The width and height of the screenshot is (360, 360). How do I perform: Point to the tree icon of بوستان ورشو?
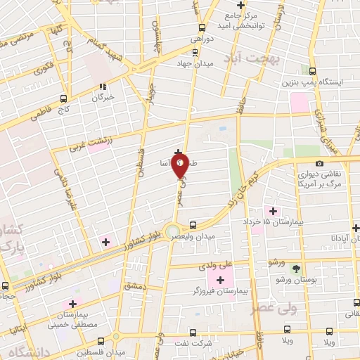tap(295, 269)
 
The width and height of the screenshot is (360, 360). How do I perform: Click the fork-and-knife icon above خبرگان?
tap(103, 86)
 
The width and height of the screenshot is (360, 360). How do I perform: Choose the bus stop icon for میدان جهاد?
tap(195, 53)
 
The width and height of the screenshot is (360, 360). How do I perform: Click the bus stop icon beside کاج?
tap(64, 98)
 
